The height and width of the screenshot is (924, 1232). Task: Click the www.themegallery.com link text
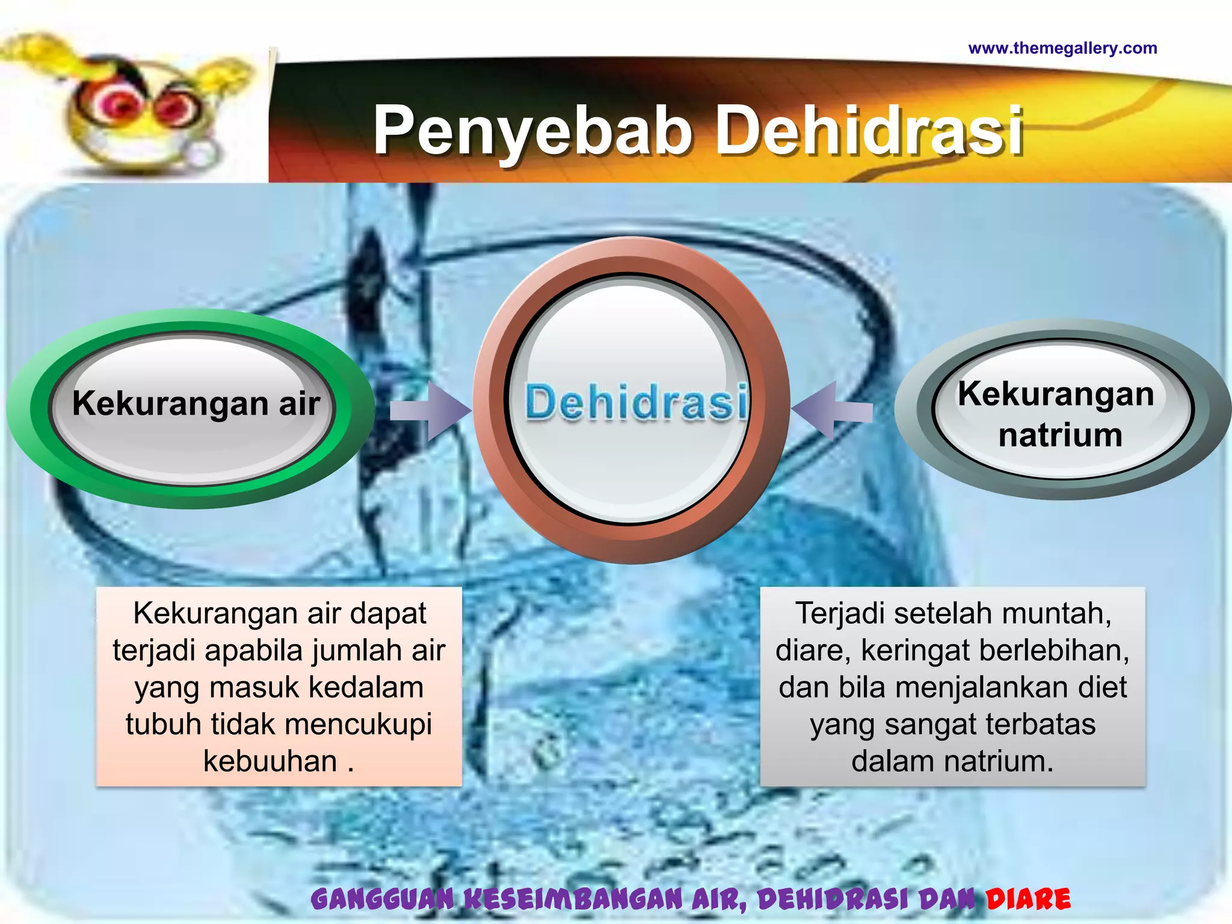1062,48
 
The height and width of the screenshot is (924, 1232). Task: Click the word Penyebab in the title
532,131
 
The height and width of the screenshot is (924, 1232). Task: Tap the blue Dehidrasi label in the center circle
636,402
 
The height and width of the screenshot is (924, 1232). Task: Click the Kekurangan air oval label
196,403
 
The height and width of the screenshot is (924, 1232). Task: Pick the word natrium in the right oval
1060,435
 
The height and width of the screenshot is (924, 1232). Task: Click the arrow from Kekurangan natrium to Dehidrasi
833,411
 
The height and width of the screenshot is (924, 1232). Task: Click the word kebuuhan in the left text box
270,761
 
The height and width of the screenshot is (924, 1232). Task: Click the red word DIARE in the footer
1028,899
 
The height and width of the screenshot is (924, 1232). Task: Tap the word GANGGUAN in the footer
383,899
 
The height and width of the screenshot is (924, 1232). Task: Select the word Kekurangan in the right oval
1056,394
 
